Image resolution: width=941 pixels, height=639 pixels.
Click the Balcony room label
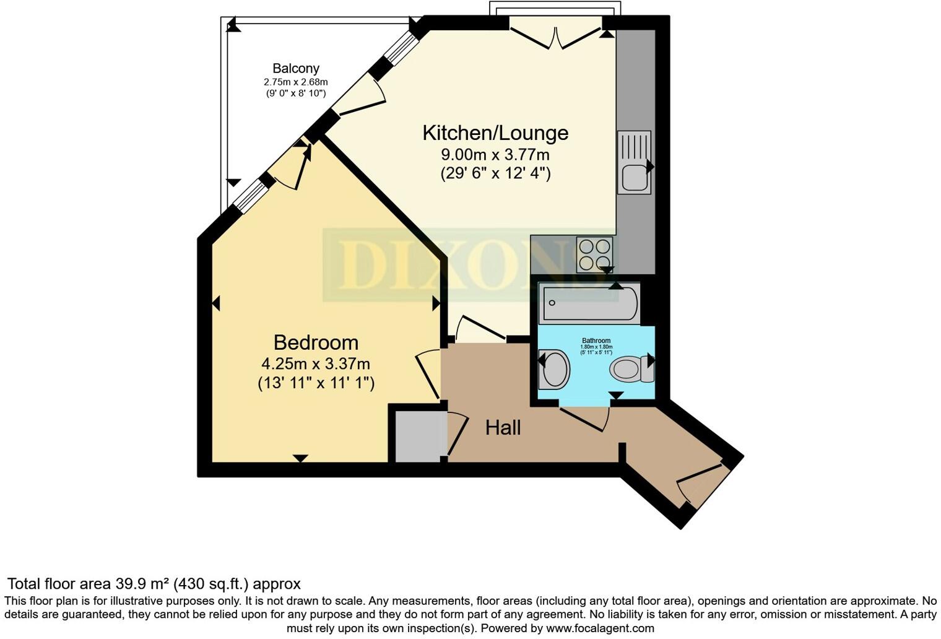295,69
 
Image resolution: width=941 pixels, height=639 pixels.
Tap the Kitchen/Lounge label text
495,133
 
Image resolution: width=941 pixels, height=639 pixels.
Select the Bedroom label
316,342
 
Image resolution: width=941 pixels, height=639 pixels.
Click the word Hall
503,428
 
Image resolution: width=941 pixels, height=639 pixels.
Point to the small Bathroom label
596,341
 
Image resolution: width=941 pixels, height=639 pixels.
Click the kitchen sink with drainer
634,162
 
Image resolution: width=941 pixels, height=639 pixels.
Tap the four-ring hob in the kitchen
595,254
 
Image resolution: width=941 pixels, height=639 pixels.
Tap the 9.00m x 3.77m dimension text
495,154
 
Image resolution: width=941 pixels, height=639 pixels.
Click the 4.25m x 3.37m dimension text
316,363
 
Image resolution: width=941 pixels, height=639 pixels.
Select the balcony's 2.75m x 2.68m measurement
295,82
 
